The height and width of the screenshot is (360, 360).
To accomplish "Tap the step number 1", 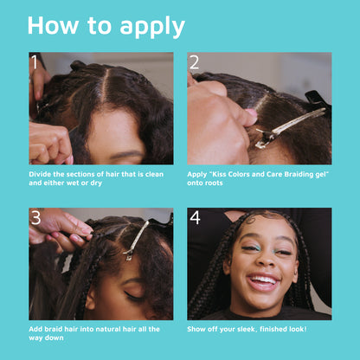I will click(35, 62).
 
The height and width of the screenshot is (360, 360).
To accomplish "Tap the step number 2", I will click(195, 62).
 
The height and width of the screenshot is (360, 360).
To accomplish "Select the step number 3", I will click(35, 218).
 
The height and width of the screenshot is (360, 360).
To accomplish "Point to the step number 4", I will click(195, 218).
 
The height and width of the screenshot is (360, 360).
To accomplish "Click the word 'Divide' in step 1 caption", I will click(42, 173).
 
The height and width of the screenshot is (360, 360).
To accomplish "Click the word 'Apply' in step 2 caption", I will click(198, 173).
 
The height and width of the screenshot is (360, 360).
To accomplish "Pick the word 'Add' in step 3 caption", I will click(37, 329).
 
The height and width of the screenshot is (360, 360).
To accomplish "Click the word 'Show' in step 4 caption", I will click(198, 329).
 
